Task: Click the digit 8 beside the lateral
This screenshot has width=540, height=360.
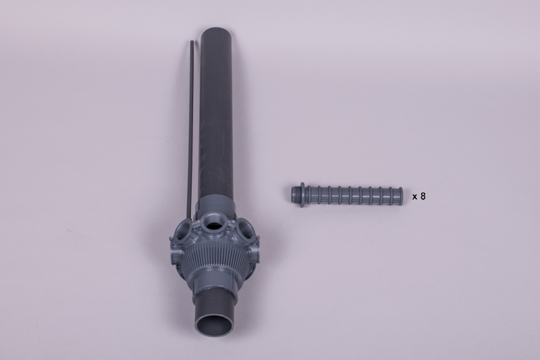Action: coord(423,197)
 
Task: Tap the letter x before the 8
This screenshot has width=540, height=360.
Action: coord(415,197)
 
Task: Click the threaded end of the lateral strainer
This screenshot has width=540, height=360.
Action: coord(295,195)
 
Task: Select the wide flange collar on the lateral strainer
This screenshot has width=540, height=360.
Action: coord(302,195)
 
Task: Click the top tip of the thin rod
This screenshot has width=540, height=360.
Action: coord(192,41)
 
